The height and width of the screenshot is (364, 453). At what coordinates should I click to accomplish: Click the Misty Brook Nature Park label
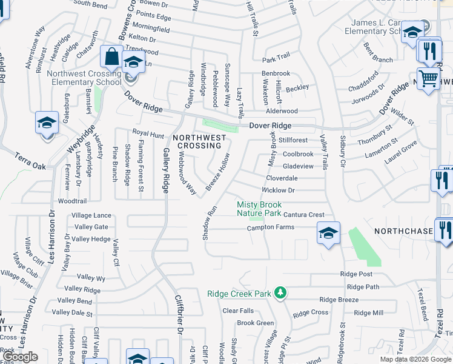259,209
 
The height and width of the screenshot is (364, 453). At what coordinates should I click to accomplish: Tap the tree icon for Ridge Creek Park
280,294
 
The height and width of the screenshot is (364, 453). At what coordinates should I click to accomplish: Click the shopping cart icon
428,78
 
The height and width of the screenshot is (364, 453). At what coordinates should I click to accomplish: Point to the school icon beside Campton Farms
328,233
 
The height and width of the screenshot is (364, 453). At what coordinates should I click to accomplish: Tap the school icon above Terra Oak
46,123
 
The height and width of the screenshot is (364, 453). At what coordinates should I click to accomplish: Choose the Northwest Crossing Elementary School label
84,78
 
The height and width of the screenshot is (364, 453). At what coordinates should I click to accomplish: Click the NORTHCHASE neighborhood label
403,232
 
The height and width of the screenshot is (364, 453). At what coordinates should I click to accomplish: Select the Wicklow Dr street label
278,190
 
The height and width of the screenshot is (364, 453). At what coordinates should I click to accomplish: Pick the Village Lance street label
91,215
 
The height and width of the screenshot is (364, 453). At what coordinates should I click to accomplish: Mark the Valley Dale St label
72,313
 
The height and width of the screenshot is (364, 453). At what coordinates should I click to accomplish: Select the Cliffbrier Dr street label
178,316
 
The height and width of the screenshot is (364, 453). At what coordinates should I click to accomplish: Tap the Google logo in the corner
21,357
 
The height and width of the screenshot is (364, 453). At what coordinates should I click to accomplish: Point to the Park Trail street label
276,60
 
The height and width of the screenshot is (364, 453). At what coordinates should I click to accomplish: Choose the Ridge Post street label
356,274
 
